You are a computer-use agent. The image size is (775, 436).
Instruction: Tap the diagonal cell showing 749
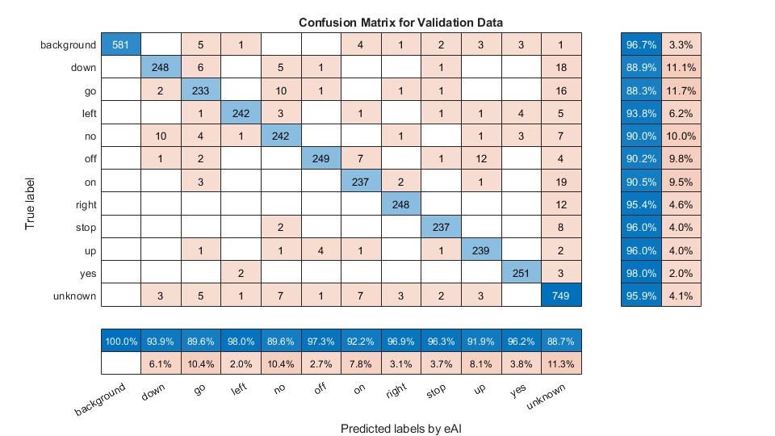coord(561,296)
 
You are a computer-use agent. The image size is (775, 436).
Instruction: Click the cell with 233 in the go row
coord(201,90)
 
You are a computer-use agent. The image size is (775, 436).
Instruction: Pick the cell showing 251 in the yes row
coord(521,273)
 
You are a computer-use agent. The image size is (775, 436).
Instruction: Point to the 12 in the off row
coord(481,159)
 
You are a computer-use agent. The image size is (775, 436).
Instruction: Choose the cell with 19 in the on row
coord(561,182)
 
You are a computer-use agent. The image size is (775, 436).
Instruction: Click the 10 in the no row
coord(161,136)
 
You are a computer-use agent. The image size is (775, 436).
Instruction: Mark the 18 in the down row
coord(561,68)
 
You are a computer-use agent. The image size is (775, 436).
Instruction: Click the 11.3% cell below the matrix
coord(561,364)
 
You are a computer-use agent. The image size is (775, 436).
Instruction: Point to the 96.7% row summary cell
coord(641,44)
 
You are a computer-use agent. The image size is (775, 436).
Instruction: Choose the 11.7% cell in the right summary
coord(681,90)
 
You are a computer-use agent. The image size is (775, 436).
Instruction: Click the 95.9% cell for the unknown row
coord(641,296)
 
